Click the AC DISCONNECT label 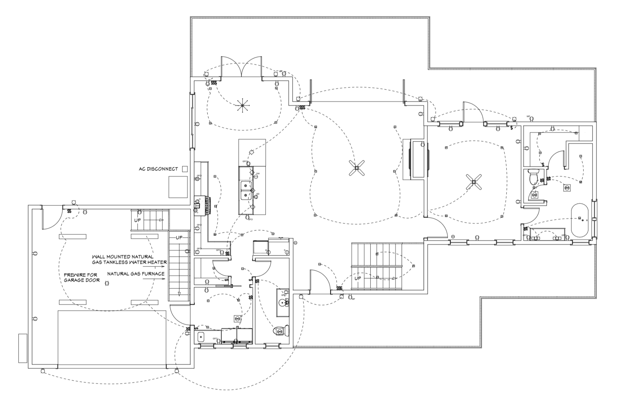coord(158,169)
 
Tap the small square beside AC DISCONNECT coord(185,169)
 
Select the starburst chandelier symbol coord(242,106)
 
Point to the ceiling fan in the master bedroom coord(474,182)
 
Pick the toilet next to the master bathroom coord(533,177)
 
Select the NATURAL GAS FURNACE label coord(136,274)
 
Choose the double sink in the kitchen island coord(244,191)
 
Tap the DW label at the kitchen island coord(258,173)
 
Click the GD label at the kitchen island coord(258,194)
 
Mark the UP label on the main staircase coord(358,278)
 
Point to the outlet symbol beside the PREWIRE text coord(107,283)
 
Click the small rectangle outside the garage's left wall coord(22,348)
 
